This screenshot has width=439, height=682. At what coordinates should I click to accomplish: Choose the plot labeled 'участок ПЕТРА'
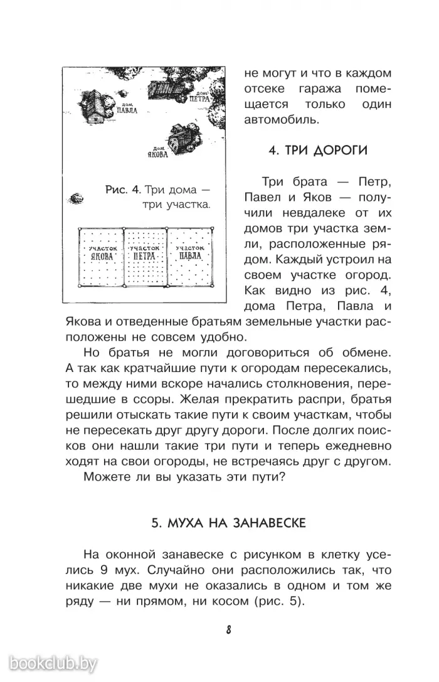coord(145,255)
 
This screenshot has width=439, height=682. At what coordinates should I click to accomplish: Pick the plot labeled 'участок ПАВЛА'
coord(191,255)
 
